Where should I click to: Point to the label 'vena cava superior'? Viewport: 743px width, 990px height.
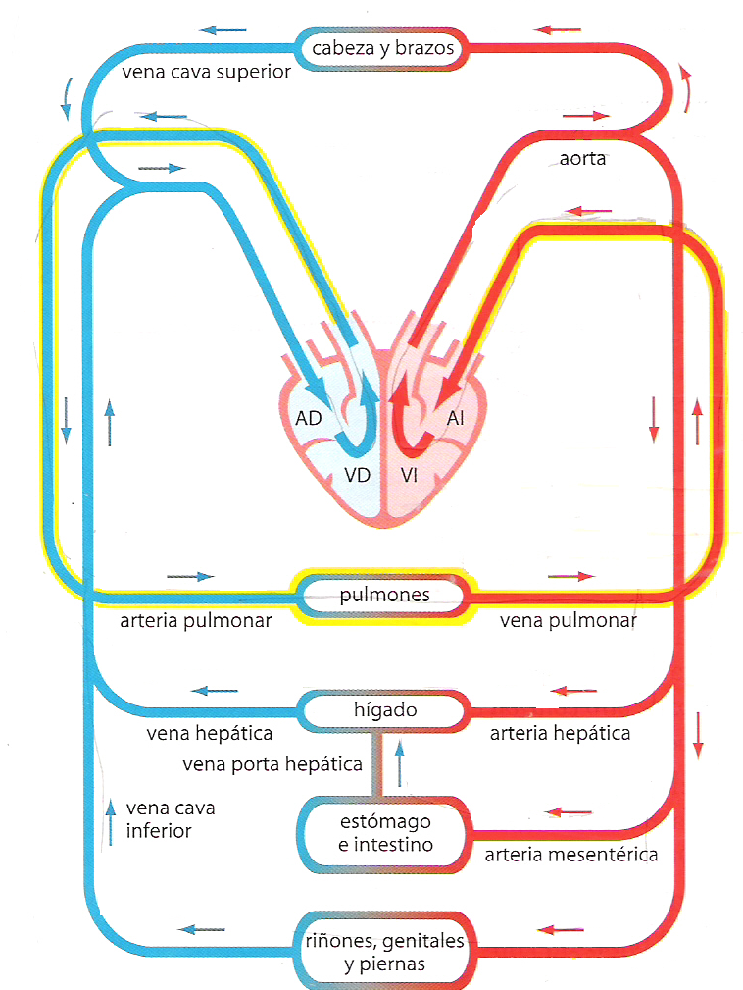[x=206, y=73]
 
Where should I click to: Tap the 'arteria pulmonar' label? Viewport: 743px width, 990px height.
[x=195, y=621]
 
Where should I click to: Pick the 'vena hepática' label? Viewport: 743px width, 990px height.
[x=209, y=733]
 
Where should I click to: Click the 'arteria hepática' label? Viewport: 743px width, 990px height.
[x=560, y=733]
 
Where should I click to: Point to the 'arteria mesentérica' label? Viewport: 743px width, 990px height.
[x=571, y=855]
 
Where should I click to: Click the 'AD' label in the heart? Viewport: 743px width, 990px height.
[x=309, y=418]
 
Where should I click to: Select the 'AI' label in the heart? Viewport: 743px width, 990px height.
[x=456, y=418]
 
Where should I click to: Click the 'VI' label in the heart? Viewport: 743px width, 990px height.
[x=410, y=476]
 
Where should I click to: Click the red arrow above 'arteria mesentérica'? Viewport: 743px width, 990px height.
[x=567, y=812]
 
